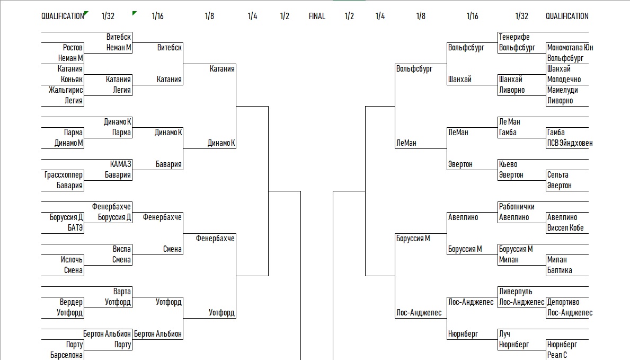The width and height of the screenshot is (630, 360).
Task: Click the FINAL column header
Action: tap(317, 16)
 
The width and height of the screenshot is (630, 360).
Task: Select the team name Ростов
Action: tap(73, 48)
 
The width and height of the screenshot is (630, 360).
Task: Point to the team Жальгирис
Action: tap(66, 90)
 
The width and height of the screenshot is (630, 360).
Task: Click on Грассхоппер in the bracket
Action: tap(64, 175)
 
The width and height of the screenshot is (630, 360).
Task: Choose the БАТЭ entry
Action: tap(75, 228)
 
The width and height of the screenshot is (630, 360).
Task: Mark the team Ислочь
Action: tap(72, 260)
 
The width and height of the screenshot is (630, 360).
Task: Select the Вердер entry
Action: tap(71, 302)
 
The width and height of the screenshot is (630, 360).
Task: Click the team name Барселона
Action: tap(66, 355)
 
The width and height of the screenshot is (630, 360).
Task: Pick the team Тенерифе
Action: tap(514, 37)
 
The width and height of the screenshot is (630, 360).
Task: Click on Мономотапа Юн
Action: tap(570, 48)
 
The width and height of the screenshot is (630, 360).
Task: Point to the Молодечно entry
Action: tap(564, 80)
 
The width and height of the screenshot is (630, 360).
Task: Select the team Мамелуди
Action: tap(563, 90)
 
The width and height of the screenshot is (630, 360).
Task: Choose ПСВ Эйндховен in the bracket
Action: tap(570, 143)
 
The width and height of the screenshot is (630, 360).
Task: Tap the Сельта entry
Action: tap(557, 175)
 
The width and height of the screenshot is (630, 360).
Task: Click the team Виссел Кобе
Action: tap(565, 228)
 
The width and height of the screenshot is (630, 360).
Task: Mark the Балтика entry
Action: tap(560, 270)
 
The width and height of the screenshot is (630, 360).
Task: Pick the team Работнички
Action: tap(517, 207)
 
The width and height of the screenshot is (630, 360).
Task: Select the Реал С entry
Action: tap(557, 355)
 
